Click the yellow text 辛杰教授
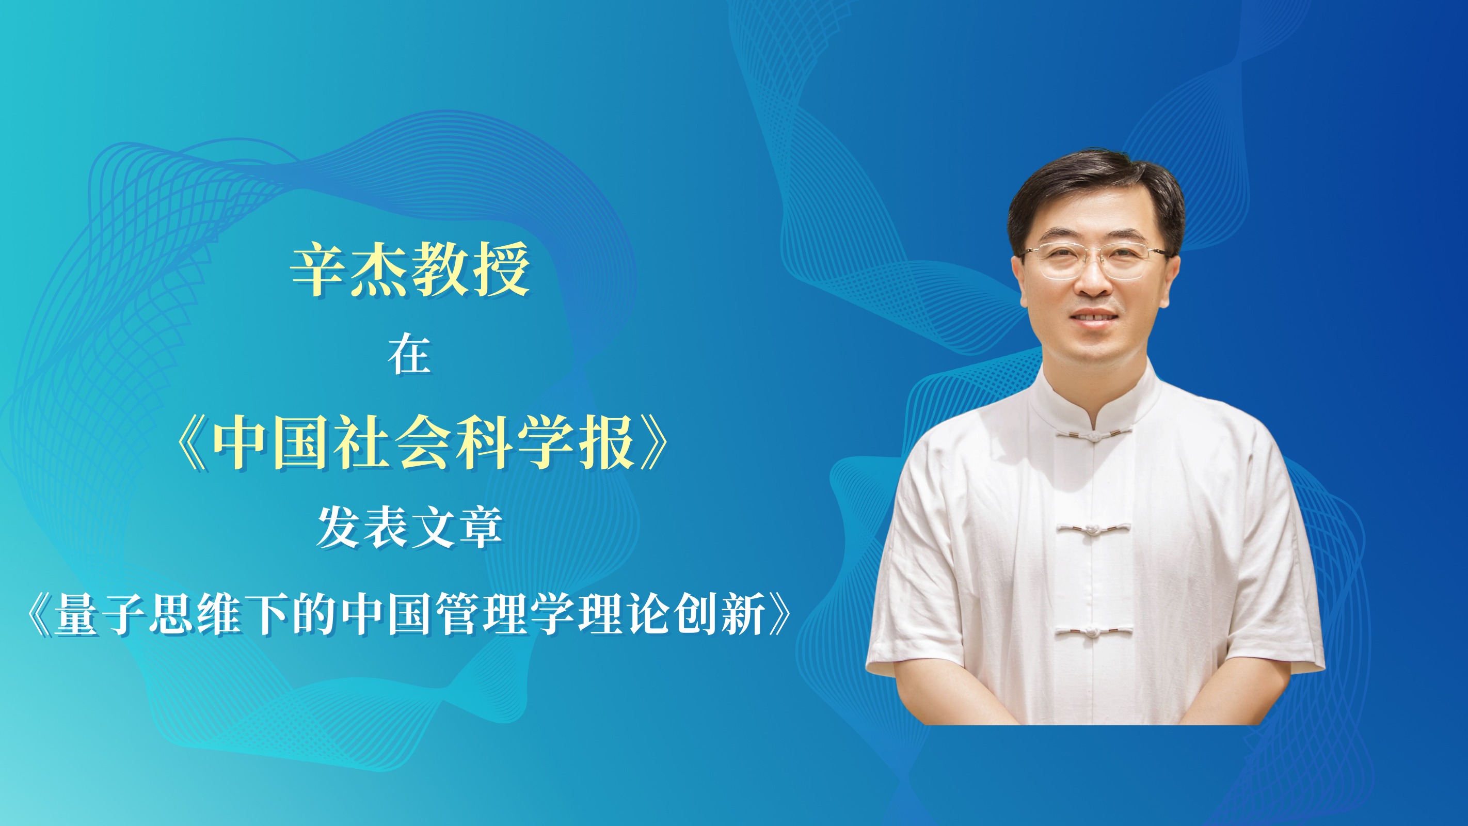pos(410,269)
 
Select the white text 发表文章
pos(410,527)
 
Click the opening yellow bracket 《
pos(191,442)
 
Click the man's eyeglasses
pos(1093,261)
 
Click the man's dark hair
pos(1094,194)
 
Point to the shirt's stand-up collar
pos(1093,399)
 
